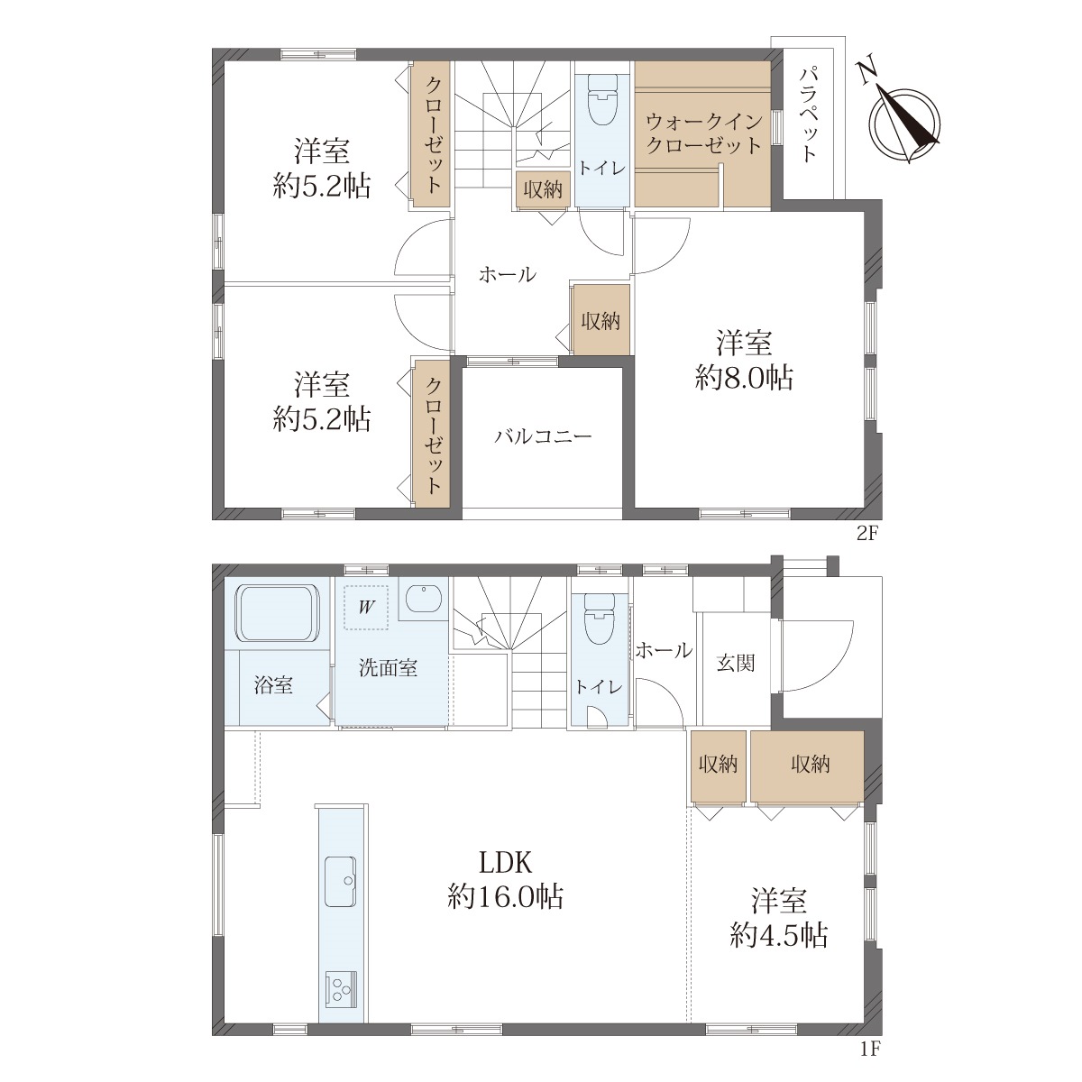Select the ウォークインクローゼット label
point(703,133)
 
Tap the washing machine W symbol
point(367,607)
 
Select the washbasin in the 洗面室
point(423,599)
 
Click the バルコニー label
point(543,436)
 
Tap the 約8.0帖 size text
point(743,378)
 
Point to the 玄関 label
point(736,664)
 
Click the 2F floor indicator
point(867,534)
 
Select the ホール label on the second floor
point(508,275)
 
